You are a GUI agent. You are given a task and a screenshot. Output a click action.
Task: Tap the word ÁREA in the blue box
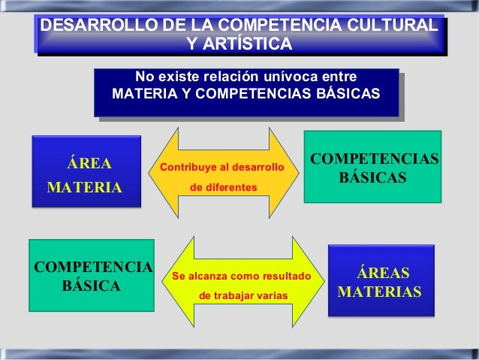click(89, 163)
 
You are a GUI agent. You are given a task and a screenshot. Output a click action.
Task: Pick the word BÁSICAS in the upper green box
click(372, 179)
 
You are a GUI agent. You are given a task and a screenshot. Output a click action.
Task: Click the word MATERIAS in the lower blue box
click(380, 291)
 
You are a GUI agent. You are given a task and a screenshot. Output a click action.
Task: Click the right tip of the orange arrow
click(298, 174)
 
